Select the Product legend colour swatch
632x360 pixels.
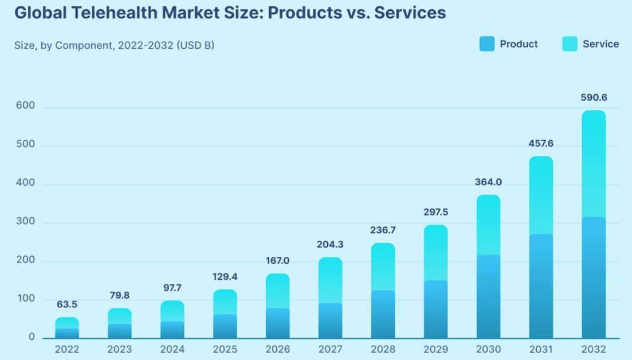pos(486,44)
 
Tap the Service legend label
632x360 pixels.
pos(600,44)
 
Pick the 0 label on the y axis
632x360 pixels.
pos(32,337)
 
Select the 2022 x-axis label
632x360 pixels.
pos(67,349)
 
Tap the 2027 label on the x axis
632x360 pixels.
pos(330,349)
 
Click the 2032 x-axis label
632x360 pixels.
pos(593,349)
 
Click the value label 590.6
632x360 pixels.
pos(593,97)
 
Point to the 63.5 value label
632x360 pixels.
pos(67,304)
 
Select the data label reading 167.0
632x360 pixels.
pos(277,261)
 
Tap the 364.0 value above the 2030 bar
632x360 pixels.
pos(488,182)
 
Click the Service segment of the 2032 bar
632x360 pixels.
pos(593,164)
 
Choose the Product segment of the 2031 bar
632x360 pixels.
pos(540,287)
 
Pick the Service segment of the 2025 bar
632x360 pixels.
pos(225,302)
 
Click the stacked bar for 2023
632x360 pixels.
pos(120,324)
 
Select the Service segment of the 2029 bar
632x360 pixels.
pos(435,253)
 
